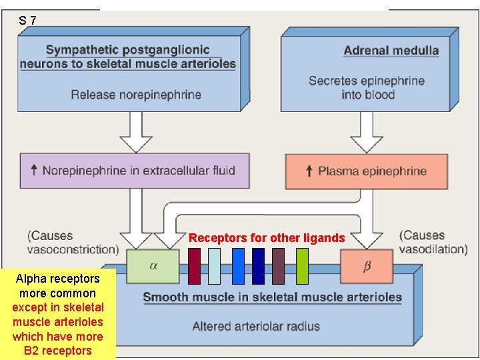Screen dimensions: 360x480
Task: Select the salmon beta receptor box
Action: [x=367, y=267]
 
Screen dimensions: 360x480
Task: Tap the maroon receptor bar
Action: [x=194, y=266]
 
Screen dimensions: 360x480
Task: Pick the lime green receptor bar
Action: [x=302, y=266]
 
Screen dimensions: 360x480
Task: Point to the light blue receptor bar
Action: [x=214, y=266]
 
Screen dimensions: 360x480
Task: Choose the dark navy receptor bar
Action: [x=258, y=266]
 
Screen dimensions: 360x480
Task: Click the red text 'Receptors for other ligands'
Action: [x=267, y=238]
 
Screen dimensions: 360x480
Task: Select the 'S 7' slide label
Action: [x=28, y=21]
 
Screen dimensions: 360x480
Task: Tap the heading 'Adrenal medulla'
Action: [x=391, y=51]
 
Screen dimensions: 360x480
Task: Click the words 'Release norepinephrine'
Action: [x=136, y=94]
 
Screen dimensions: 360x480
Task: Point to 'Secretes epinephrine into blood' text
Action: [x=366, y=87]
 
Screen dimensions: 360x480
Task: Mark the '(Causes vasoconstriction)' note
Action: [x=73, y=243]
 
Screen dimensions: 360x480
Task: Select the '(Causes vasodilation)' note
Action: [x=433, y=243]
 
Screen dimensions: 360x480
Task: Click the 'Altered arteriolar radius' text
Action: [x=256, y=326]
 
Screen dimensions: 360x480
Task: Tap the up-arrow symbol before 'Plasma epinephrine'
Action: [x=309, y=171]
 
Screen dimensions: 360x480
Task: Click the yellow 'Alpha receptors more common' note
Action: [x=58, y=314]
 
